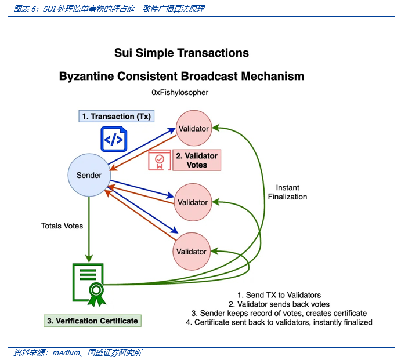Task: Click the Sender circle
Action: [89, 175]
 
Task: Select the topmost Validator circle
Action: [193, 128]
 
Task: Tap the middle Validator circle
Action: [193, 202]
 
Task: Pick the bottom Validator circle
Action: [192, 252]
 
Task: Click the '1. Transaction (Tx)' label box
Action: [116, 116]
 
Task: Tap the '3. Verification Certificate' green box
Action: [93, 320]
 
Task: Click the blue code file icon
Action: [113, 139]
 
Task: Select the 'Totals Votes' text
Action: [62, 226]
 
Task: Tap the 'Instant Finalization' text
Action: [287, 192]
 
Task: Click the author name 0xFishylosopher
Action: [180, 93]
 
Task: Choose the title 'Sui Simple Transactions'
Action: [182, 53]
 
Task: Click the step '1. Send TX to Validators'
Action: [279, 295]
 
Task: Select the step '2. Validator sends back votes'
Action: [279, 304]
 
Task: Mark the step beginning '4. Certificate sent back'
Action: [279, 322]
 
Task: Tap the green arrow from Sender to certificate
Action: [89, 229]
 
